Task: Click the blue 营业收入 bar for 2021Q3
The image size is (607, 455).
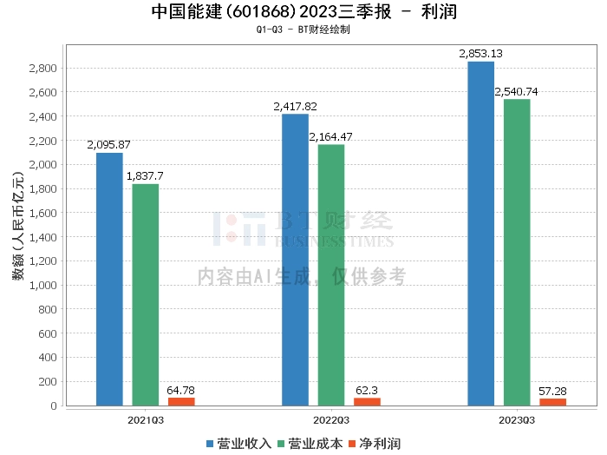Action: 109,279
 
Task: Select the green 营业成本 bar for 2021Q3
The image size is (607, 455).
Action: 146,294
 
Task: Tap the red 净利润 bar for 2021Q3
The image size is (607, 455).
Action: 181,401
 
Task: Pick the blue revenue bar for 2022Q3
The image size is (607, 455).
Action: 295,260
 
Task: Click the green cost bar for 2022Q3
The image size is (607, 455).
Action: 331,274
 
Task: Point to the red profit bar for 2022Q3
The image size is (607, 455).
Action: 367,401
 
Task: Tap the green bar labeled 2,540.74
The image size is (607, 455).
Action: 517,252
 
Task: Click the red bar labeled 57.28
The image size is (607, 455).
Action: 552,401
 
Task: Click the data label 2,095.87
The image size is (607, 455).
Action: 109,145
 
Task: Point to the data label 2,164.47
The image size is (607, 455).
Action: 331,136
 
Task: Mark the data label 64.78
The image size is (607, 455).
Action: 181,390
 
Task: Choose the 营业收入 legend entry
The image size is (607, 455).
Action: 238,443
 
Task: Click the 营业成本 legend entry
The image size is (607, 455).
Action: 310,443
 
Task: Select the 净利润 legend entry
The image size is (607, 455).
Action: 374,443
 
